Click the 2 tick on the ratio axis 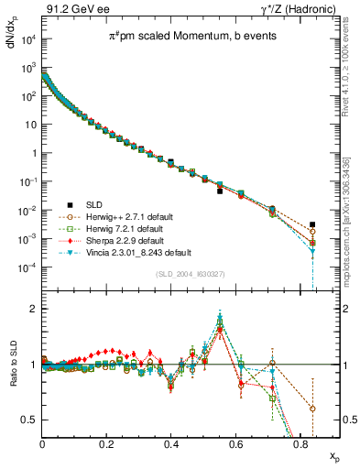pos(34,309)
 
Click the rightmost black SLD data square pos(312,224)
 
